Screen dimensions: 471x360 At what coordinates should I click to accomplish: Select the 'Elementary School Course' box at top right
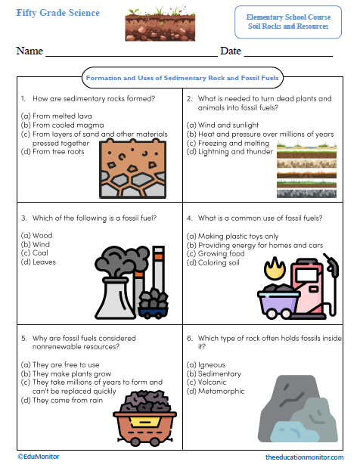click(x=287, y=21)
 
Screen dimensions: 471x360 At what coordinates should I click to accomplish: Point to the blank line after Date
click(x=287, y=53)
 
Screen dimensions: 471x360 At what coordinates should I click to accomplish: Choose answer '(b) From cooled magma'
click(x=57, y=124)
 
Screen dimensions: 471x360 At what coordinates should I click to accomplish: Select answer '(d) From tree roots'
click(x=53, y=151)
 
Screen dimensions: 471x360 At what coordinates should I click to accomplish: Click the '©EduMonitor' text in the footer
click(x=38, y=457)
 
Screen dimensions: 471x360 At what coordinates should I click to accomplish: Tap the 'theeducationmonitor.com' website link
click(x=305, y=458)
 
